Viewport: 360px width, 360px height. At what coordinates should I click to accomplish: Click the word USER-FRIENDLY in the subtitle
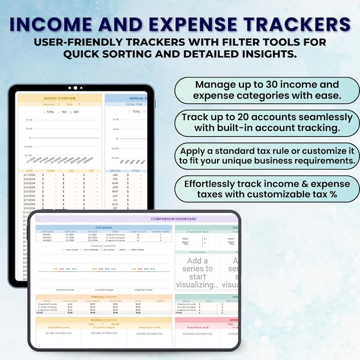[79, 42]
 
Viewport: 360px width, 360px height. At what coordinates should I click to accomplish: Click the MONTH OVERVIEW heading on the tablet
[59, 98]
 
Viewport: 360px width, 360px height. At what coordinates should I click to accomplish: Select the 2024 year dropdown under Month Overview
[71, 104]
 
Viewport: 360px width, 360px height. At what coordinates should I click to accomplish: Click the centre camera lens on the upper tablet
[75, 88]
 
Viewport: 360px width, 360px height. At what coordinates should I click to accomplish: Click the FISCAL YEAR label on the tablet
[134, 104]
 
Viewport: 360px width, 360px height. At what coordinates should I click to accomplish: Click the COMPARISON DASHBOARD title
[167, 219]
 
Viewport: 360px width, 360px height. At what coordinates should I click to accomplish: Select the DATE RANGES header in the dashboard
[104, 227]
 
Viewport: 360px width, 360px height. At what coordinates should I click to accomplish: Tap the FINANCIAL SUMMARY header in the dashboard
[104, 297]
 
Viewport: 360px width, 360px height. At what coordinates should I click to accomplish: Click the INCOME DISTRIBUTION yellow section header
[104, 320]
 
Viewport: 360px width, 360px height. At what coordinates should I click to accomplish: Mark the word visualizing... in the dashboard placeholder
[197, 284]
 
